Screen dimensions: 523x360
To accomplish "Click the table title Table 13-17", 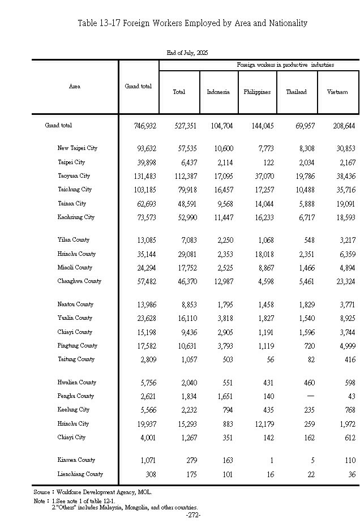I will pyautogui.click(x=192, y=23).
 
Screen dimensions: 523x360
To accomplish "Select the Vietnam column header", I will pyautogui.click(x=337, y=92).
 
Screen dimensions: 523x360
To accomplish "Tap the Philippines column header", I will pyautogui.click(x=257, y=92).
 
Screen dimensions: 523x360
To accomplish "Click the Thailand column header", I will pyautogui.click(x=296, y=92).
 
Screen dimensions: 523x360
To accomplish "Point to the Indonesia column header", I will pyautogui.click(x=218, y=92).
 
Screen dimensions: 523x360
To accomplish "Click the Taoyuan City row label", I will pyautogui.click(x=74, y=176).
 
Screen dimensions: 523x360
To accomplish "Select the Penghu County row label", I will pyautogui.click(x=76, y=396).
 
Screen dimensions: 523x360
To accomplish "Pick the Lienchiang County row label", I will pyautogui.click(x=80, y=474).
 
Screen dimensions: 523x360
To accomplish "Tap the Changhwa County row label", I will pyautogui.click(x=79, y=281).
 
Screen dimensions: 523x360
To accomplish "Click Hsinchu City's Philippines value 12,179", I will pyautogui.click(x=262, y=424).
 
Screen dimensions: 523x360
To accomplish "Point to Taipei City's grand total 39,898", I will pyautogui.click(x=145, y=162).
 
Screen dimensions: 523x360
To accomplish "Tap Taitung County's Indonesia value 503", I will pyautogui.click(x=225, y=359).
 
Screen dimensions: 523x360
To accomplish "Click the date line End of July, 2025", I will pyautogui.click(x=187, y=52).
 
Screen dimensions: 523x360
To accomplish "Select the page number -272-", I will pyautogui.click(x=193, y=515).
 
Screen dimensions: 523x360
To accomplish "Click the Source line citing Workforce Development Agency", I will pyautogui.click(x=93, y=492).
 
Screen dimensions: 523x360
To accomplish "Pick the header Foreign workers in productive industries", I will pyautogui.click(x=285, y=65).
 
